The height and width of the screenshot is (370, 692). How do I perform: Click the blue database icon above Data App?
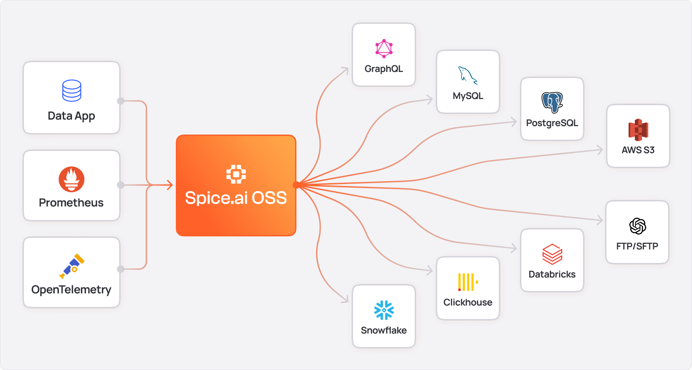click(72, 91)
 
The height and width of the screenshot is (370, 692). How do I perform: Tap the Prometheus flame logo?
click(72, 179)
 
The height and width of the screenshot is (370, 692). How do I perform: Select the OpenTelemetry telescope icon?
click(72, 266)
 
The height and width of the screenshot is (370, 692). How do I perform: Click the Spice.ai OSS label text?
click(236, 198)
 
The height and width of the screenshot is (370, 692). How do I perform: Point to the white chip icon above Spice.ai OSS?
click(236, 174)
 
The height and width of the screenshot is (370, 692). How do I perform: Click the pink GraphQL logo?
click(384, 49)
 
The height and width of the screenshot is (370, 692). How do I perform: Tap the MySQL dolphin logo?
click(468, 76)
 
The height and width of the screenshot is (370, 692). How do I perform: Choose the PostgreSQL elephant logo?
click(552, 103)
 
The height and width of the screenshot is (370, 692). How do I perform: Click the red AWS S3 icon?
click(638, 130)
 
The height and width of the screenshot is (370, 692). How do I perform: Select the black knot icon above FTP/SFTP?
click(637, 226)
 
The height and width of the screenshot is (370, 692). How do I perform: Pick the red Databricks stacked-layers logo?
click(552, 254)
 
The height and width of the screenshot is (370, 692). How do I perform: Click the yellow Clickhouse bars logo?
click(468, 282)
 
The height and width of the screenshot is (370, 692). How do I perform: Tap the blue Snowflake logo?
click(384, 310)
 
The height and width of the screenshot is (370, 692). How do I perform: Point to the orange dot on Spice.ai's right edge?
click(296, 185)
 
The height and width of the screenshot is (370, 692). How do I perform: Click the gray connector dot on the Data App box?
click(120, 101)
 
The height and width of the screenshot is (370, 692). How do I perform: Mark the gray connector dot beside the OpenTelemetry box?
click(120, 269)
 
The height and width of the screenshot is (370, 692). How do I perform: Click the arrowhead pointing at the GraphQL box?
click(346, 70)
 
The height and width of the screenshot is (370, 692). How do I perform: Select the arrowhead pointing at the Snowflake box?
click(346, 300)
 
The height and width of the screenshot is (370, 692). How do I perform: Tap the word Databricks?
click(552, 274)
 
